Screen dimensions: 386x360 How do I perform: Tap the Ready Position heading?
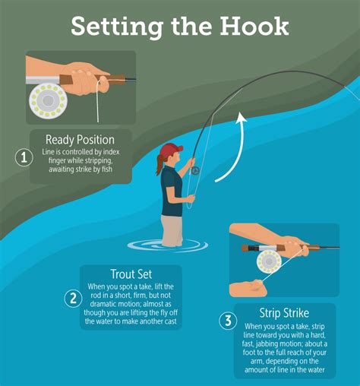80,139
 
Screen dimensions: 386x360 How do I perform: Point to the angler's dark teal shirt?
171,190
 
